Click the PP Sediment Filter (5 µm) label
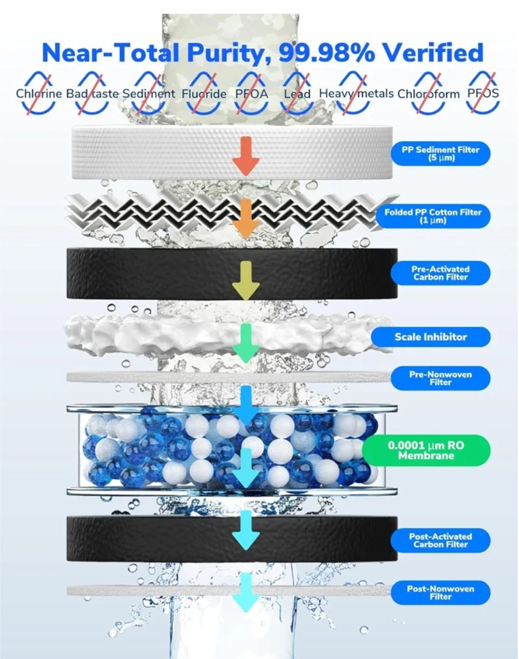(x=440, y=154)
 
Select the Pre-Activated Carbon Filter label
(x=440, y=273)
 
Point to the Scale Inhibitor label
(x=431, y=337)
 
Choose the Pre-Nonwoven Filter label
(x=440, y=378)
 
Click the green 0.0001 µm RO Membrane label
(x=426, y=450)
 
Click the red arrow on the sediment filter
(x=246, y=156)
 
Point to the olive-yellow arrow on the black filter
(x=246, y=280)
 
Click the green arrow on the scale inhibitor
(x=246, y=343)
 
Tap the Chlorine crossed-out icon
(x=38, y=93)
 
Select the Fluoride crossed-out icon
(x=204, y=93)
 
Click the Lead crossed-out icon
(x=297, y=93)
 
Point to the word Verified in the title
(x=434, y=52)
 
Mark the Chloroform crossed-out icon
(x=428, y=93)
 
